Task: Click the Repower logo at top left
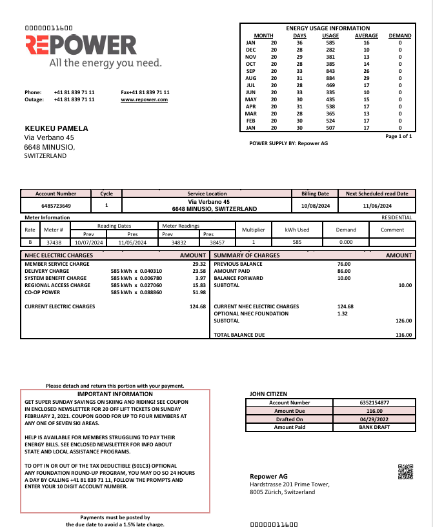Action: (x=81, y=45)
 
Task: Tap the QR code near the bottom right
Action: (x=405, y=472)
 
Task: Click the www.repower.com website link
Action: (x=144, y=99)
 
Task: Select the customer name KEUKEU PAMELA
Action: (x=55, y=128)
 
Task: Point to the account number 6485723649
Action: (x=55, y=206)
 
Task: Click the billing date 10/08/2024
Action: (x=315, y=206)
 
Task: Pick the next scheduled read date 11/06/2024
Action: (x=377, y=206)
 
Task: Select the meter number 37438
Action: (x=54, y=243)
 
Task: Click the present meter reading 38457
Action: (x=217, y=243)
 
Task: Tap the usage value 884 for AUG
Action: (x=330, y=78)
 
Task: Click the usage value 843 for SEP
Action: (x=330, y=71)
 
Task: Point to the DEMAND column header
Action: (x=400, y=36)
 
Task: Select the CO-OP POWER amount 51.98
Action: (x=199, y=292)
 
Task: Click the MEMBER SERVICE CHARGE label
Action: (x=57, y=264)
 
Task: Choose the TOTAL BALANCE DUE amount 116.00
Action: (x=403, y=335)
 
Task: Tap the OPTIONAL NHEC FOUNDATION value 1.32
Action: (x=342, y=313)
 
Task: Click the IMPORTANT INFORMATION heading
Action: (x=115, y=393)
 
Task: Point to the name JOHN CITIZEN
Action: (x=268, y=393)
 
